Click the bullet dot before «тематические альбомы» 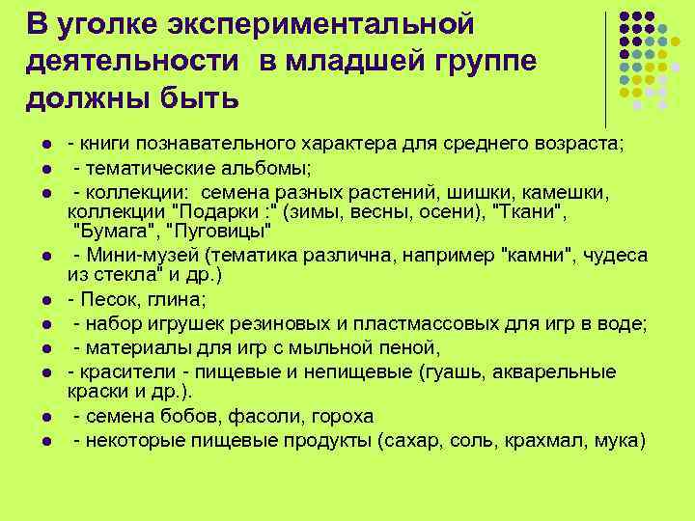[x=45, y=169]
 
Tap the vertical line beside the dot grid [x=606, y=68]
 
